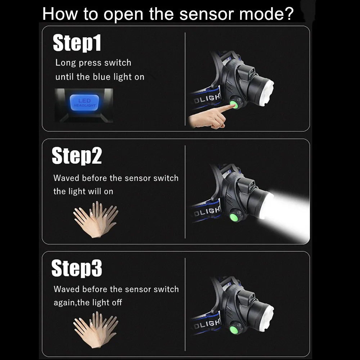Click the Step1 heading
77,43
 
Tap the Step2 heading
77,156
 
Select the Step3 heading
77,268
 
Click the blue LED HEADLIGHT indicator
84,102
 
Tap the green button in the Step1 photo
235,105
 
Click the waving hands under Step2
96,220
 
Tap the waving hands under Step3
96,330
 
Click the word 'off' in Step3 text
117,302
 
